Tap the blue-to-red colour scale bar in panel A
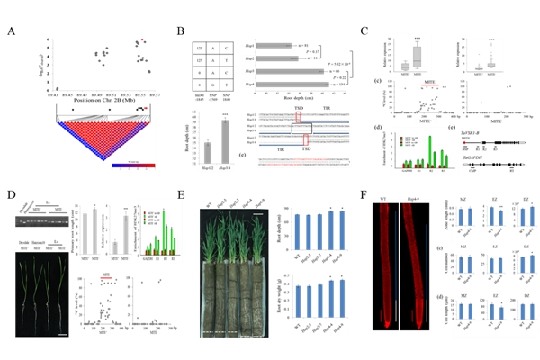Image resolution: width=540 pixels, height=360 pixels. (x=136, y=165)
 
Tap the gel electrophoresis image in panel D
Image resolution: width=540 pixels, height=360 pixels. (x=32, y=217)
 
